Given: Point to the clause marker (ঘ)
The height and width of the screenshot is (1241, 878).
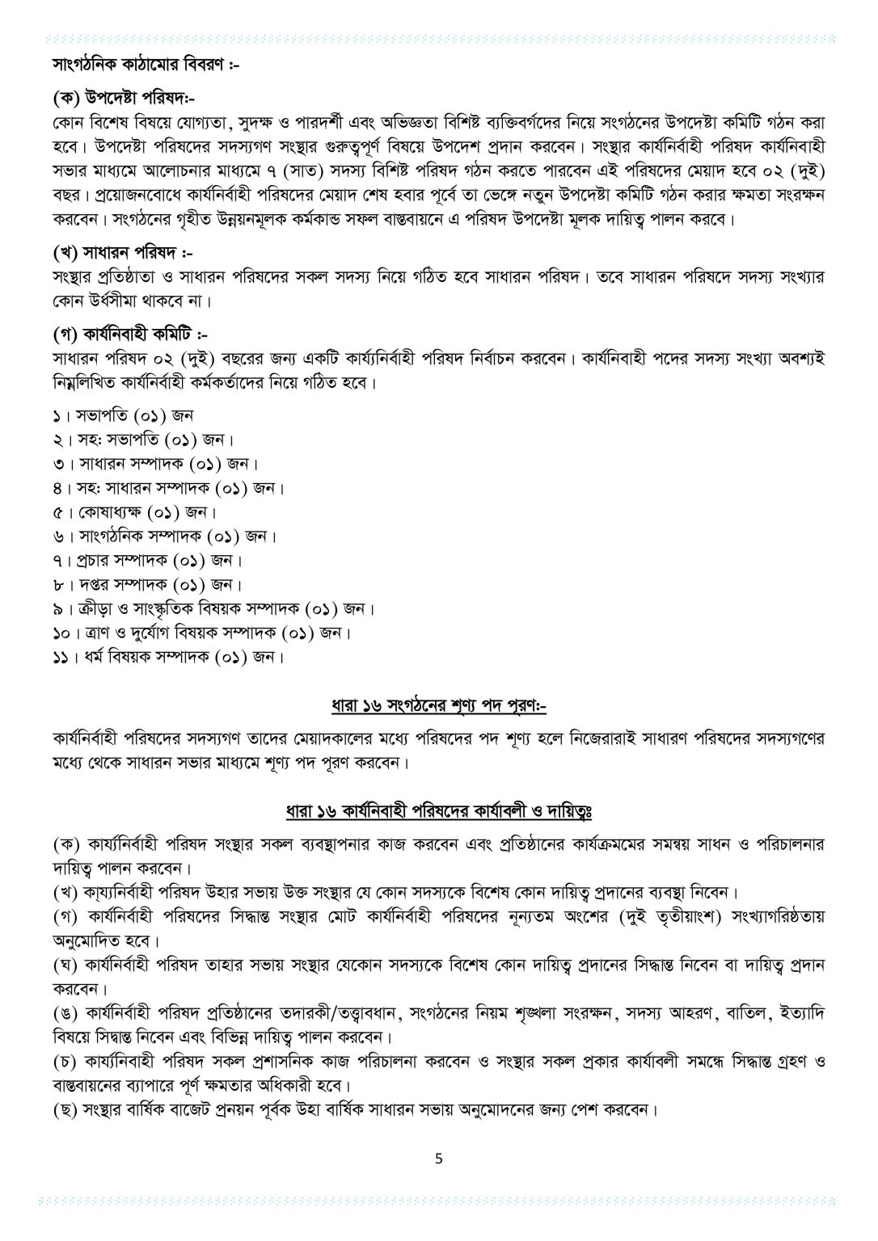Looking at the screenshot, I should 61,966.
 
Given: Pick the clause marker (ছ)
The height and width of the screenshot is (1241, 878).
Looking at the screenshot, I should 61,1110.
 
